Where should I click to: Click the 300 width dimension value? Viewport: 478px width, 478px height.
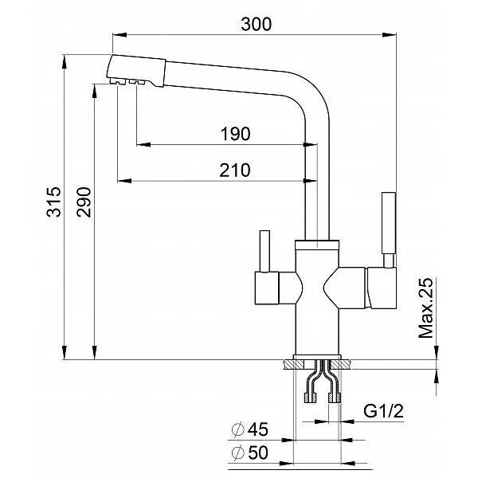pyautogui.click(x=256, y=24)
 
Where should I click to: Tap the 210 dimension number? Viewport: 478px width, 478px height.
pyautogui.click(x=233, y=170)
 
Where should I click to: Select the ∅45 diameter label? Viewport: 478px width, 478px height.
pyautogui.click(x=249, y=430)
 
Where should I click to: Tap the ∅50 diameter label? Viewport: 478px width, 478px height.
pyautogui.click(x=249, y=453)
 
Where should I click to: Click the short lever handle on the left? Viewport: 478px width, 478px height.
pyautogui.click(x=263, y=253)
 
